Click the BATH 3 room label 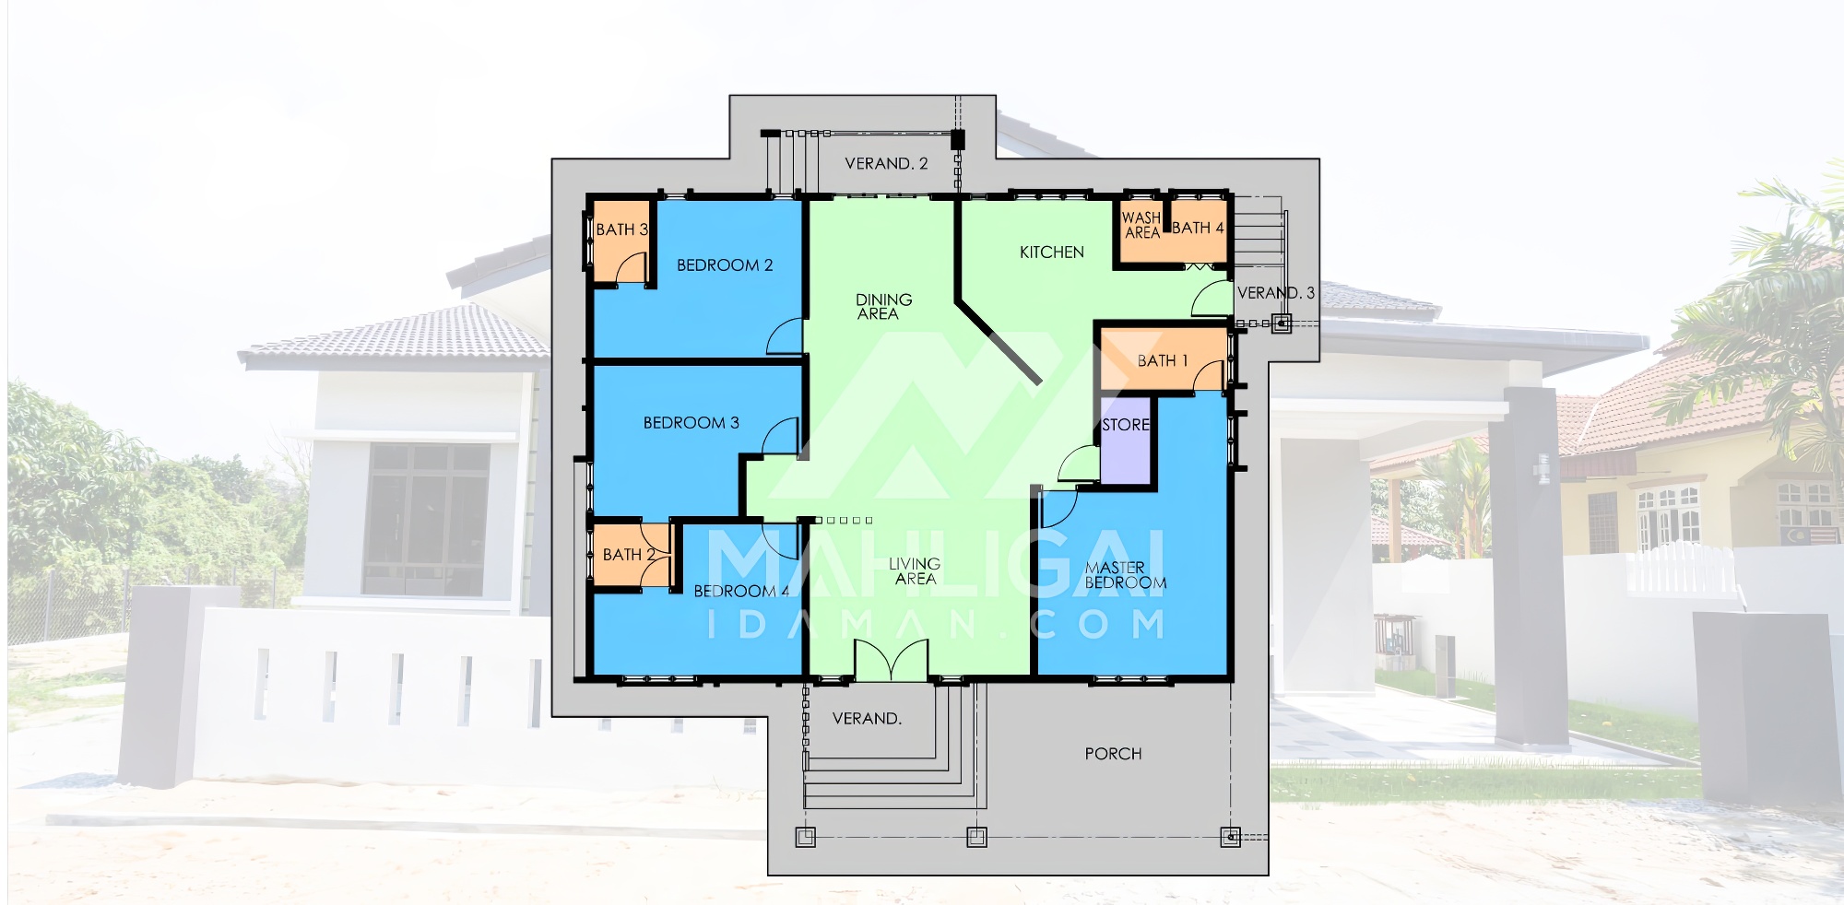(621, 229)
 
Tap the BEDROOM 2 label (725, 265)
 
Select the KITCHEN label (1051, 253)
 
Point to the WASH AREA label (1141, 226)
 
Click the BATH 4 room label (1198, 228)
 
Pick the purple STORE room (1127, 441)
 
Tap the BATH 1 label (1162, 361)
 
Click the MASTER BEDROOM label (1126, 575)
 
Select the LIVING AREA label (915, 571)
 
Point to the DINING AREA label (883, 307)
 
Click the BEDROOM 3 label (691, 423)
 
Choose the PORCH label (1113, 754)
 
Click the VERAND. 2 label (886, 164)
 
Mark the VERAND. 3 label (1276, 293)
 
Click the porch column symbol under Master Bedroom (1230, 837)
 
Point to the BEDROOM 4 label (741, 591)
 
